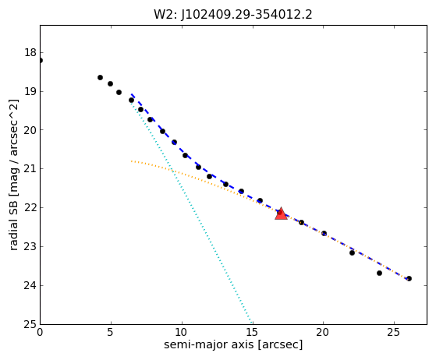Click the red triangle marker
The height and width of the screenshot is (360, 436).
(281, 214)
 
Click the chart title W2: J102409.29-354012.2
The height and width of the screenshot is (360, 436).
(233, 15)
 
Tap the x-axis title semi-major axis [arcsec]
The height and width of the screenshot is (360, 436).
(233, 344)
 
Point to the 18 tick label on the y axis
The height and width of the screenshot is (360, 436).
(30, 52)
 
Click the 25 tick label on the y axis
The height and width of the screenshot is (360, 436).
(30, 324)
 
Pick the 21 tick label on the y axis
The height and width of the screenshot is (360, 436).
(30, 169)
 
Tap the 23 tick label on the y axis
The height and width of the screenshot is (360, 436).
(30, 247)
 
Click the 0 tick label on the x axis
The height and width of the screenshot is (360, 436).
(40, 332)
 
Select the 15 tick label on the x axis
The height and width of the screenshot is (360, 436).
(252, 332)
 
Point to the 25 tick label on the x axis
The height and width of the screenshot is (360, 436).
(394, 332)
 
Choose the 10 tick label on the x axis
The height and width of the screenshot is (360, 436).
(182, 332)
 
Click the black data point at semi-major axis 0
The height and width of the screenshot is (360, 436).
(41, 60)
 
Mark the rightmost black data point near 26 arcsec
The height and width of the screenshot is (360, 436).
(409, 278)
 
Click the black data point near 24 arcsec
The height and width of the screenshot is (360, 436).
(379, 273)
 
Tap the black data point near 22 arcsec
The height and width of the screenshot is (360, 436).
(352, 252)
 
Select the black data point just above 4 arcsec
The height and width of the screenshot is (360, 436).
(100, 77)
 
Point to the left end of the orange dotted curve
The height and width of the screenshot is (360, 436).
(131, 161)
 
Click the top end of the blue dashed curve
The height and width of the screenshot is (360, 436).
(132, 94)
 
